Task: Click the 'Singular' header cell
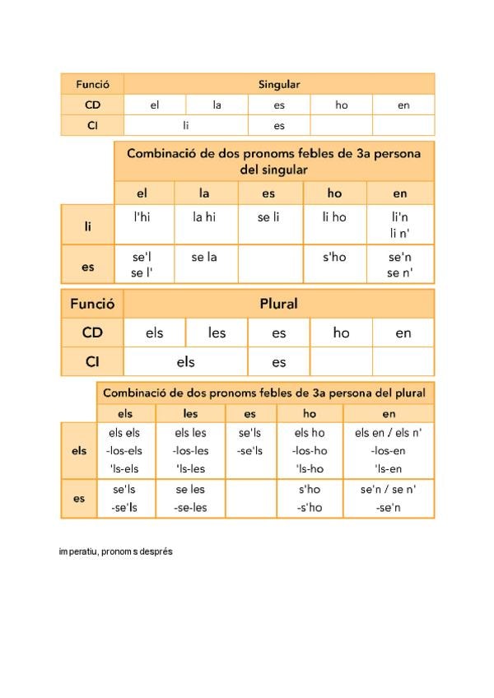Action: (279, 84)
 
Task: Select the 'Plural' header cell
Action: (278, 304)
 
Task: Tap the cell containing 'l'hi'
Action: (142, 217)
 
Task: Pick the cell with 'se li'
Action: (269, 217)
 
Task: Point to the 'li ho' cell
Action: (334, 217)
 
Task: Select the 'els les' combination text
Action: (190, 433)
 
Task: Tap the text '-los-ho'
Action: (310, 450)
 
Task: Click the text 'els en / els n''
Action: (388, 433)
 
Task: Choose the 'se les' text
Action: (190, 489)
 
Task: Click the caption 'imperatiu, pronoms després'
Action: (115, 551)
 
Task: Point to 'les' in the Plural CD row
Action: (217, 333)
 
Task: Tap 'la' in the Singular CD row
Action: (217, 105)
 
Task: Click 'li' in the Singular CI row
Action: (186, 126)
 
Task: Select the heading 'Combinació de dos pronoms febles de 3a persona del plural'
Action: (264, 393)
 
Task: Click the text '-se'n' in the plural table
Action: (388, 507)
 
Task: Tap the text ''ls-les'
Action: (190, 468)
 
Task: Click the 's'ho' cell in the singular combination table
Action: (334, 257)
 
